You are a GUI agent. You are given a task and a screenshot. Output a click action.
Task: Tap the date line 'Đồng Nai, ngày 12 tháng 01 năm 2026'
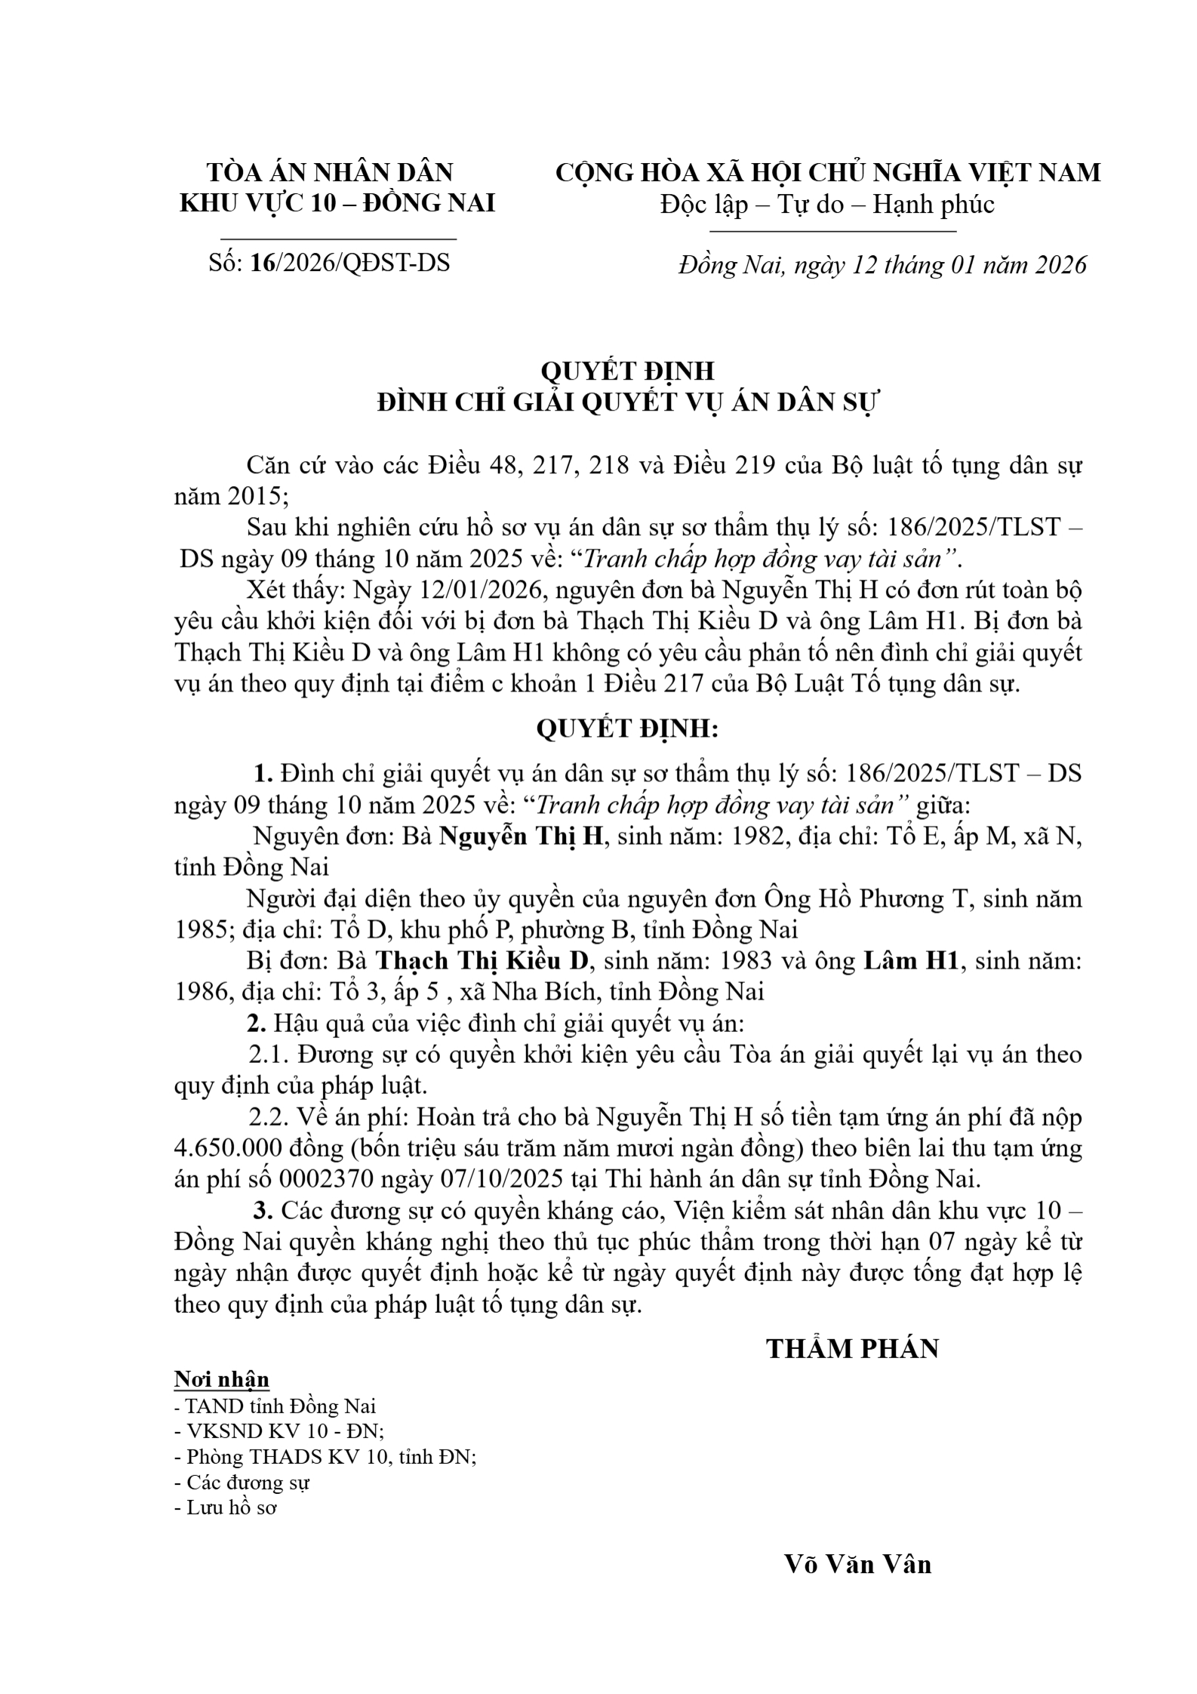click(x=882, y=264)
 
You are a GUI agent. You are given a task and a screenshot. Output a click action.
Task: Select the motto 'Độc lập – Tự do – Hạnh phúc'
click(x=827, y=205)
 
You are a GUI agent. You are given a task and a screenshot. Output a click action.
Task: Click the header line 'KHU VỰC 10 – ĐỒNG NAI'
click(x=337, y=203)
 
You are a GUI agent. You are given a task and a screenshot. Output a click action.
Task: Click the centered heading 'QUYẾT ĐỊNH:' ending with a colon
click(x=627, y=728)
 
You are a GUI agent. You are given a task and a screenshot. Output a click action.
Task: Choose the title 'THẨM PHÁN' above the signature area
click(x=852, y=1349)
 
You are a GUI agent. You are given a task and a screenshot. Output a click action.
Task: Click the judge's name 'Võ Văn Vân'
click(x=857, y=1565)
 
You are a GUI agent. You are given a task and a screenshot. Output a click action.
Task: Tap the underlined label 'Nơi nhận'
click(x=221, y=1379)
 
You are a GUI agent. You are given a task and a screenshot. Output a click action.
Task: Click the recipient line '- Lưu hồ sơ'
click(x=226, y=1508)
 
